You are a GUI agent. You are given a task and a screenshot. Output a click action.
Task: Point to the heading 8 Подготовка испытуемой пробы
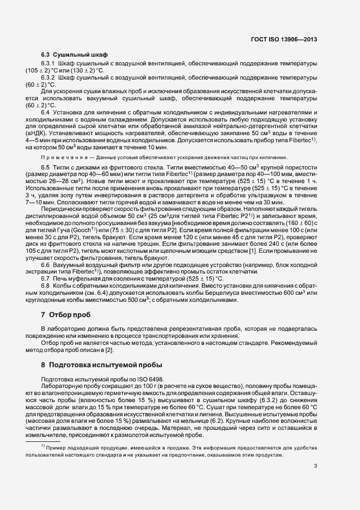97,364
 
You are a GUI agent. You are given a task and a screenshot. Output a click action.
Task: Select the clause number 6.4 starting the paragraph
45,112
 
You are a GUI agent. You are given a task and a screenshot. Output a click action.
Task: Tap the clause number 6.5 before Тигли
45,166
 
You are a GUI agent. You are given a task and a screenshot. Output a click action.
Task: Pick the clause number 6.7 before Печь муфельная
45,278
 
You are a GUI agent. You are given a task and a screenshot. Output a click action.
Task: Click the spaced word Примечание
58,157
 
